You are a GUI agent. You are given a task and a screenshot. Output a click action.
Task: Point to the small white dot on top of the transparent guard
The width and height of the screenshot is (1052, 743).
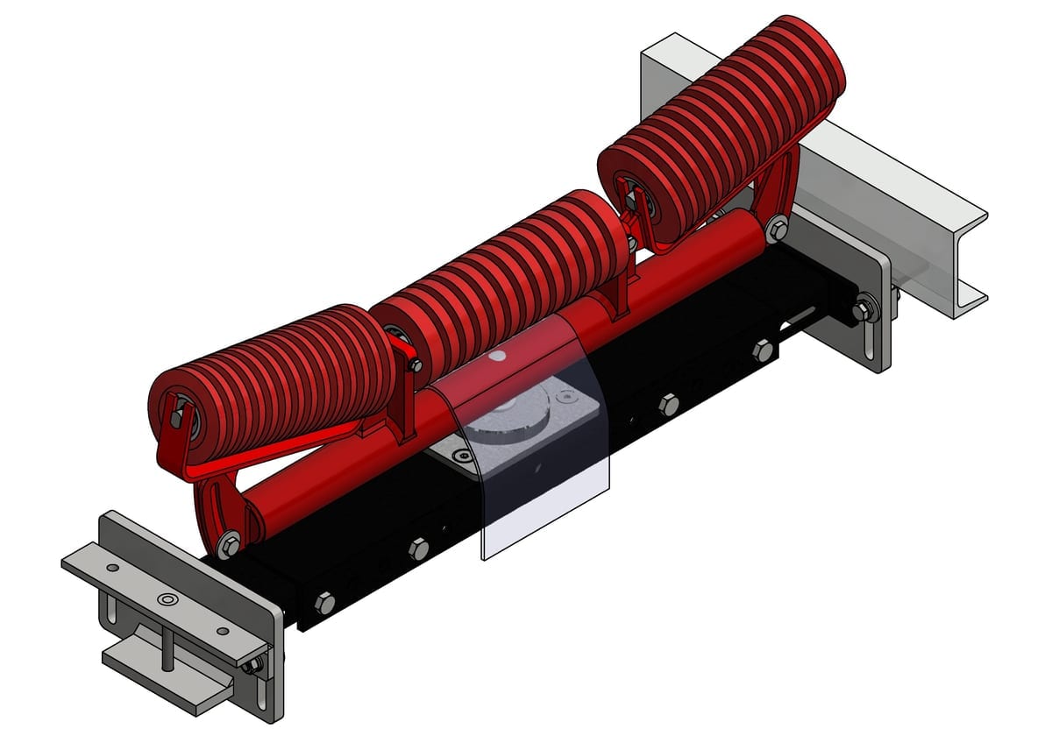(499, 357)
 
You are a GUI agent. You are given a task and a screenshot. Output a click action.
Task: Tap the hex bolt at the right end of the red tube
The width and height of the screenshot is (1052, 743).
(775, 231)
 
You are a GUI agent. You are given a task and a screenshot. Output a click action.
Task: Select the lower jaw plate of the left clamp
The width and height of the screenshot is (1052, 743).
(167, 675)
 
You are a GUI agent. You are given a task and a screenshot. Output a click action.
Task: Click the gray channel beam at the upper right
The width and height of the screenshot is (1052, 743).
(877, 175)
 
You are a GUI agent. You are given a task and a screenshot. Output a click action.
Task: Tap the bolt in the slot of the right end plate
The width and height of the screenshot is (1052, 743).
(864, 309)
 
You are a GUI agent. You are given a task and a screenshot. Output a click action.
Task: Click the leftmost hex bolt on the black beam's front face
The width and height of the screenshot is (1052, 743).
(324, 603)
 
